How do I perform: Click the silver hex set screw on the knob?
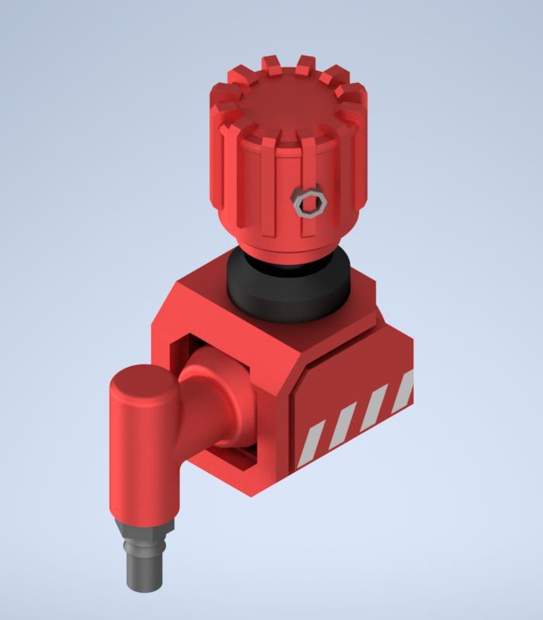click(310, 204)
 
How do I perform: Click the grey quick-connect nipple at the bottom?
click(145, 570)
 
